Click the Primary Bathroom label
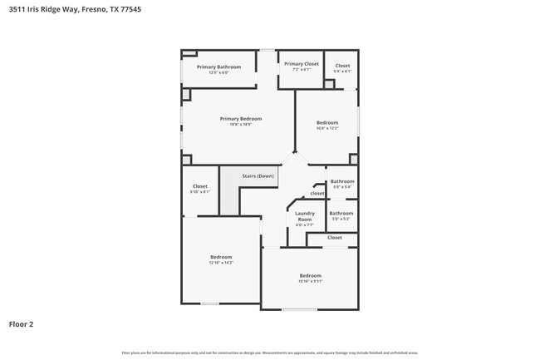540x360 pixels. [218, 67]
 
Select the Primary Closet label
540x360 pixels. [301, 64]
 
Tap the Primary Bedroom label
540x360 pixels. [235, 118]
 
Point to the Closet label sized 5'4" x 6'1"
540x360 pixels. [342, 66]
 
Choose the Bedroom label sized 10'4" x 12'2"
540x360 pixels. [327, 122]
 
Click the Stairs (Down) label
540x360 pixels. [258, 176]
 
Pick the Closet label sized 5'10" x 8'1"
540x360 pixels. [200, 186]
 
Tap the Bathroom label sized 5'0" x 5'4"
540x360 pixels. [341, 181]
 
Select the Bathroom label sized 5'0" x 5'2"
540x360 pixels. [341, 213]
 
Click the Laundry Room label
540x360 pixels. [304, 215]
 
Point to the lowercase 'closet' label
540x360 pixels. [317, 194]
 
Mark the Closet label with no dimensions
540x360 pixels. [334, 238]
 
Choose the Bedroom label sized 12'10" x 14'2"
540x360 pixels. [221, 257]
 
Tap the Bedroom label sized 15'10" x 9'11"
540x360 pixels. [310, 275]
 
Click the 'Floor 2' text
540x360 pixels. [21, 323]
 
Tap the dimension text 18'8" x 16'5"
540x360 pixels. [235, 125]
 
